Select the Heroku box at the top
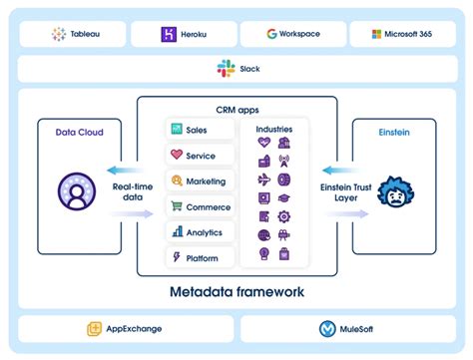pyautogui.click(x=183, y=34)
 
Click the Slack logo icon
pyautogui.click(x=225, y=69)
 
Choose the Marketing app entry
pyautogui.click(x=202, y=180)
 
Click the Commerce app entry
pyautogui.click(x=202, y=206)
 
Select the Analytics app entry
pyautogui.click(x=202, y=232)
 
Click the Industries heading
pyautogui.click(x=274, y=130)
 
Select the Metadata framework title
pyautogui.click(x=236, y=292)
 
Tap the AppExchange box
pyautogui.click(x=125, y=328)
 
